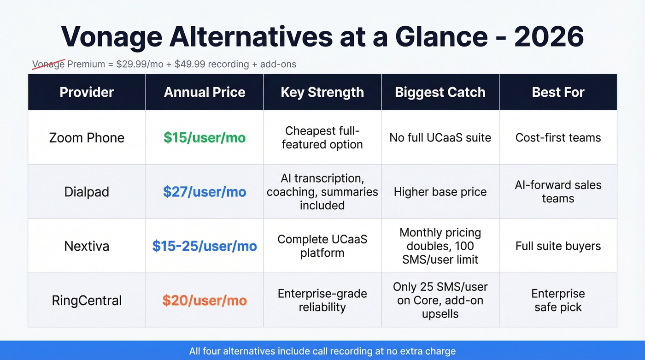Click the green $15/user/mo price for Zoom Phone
(x=205, y=137)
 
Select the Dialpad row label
(x=87, y=192)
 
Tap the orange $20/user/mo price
(x=205, y=301)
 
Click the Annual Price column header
(x=205, y=92)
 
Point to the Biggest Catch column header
(x=440, y=92)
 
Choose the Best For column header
(x=558, y=92)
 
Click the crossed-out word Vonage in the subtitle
(x=48, y=64)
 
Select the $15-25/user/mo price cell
(x=205, y=246)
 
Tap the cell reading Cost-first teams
(x=558, y=137)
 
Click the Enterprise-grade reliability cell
(x=322, y=301)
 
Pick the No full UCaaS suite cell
(x=440, y=137)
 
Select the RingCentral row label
(x=87, y=301)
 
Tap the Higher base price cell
(x=440, y=192)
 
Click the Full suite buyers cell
(x=558, y=246)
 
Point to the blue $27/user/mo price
(x=205, y=192)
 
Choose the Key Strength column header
(x=322, y=92)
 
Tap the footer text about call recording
(x=322, y=351)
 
